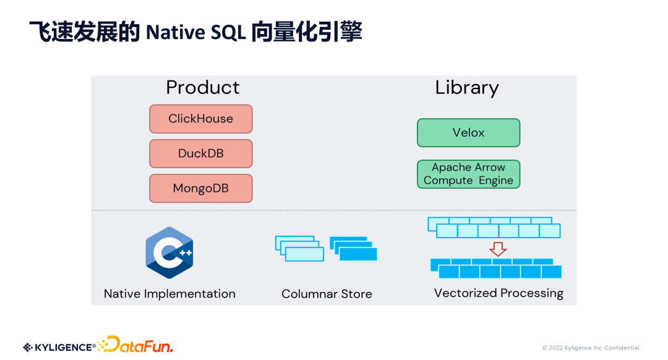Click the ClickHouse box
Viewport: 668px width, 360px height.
[200, 119]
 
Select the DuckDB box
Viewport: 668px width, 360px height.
[200, 153]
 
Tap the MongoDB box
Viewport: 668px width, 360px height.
[200, 188]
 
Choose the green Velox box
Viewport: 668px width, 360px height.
[468, 133]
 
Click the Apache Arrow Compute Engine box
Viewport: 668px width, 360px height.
[468, 174]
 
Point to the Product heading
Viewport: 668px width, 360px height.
[202, 87]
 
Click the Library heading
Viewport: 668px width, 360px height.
[467, 87]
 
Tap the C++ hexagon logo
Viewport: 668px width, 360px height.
[169, 252]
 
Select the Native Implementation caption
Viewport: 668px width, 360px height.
[169, 294]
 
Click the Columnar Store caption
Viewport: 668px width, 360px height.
[327, 294]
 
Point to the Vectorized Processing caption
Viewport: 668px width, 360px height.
[499, 293]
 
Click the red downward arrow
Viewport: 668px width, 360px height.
[498, 249]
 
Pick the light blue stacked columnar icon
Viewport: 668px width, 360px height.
[299, 248]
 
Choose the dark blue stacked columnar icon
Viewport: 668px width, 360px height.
[354, 248]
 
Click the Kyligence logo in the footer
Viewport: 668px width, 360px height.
[59, 347]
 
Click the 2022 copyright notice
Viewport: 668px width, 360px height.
[591, 348]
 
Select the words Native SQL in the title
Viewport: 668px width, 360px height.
[195, 32]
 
